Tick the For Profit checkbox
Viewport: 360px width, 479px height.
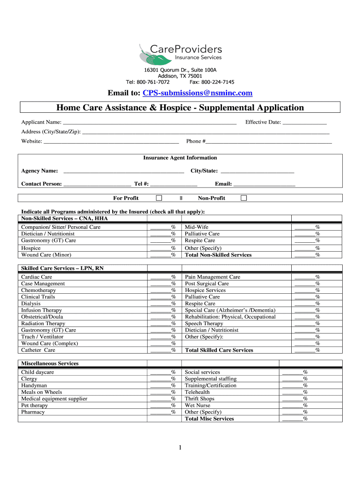coord(159,198)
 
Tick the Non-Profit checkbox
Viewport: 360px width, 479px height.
coord(244,198)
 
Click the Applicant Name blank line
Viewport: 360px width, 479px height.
coord(146,123)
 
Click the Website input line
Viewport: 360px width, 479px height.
coord(111,142)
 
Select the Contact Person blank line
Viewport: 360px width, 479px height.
coord(97,184)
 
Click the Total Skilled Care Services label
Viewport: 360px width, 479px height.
coord(219,350)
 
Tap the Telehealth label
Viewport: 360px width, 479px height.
coord(197,392)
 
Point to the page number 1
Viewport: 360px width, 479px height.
coord(180,449)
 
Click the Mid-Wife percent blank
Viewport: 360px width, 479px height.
coord(304,227)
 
